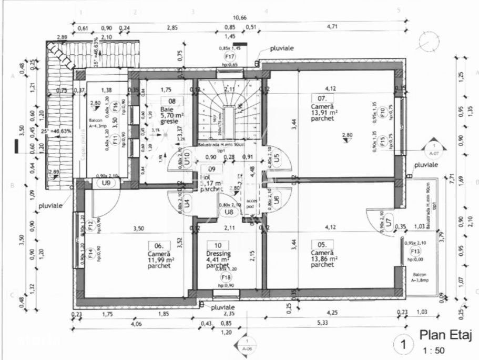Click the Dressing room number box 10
coord(218,245)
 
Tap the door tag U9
coord(106,183)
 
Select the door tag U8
coord(229,212)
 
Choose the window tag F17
coord(229,56)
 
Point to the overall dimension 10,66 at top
coord(240,18)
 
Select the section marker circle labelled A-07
coord(434,149)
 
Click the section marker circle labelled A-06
coord(246,344)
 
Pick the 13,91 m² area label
coord(324,112)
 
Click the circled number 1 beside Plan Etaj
coord(403,345)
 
